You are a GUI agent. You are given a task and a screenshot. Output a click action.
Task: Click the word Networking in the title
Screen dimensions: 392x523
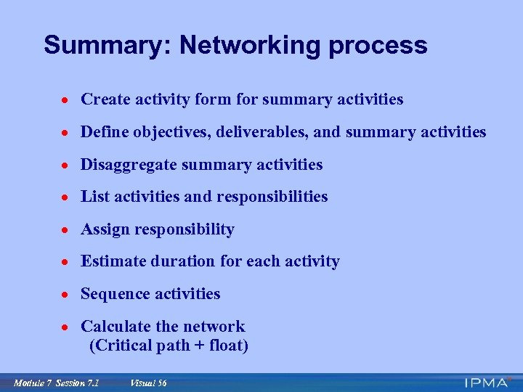251,46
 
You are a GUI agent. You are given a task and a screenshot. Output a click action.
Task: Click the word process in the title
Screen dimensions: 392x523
378,46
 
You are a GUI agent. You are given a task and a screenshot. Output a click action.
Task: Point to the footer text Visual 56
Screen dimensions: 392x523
148,383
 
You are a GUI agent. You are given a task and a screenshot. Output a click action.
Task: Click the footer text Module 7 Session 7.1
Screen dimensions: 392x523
56,383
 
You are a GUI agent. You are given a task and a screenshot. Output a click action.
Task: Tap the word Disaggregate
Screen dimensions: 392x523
129,165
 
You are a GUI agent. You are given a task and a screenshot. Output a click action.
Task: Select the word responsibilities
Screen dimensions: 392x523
273,197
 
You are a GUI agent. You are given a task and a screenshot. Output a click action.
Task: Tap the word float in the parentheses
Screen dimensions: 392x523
227,346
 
